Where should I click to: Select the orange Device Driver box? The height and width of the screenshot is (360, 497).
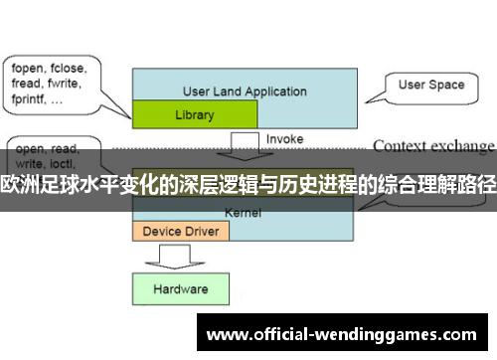pyautogui.click(x=181, y=231)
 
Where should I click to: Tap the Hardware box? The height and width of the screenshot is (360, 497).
pyautogui.click(x=180, y=288)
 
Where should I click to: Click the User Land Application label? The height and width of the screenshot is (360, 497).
pyautogui.click(x=245, y=91)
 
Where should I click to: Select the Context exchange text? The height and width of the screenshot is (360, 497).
pyautogui.click(x=432, y=146)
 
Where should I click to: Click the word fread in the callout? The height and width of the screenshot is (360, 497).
pyautogui.click(x=26, y=86)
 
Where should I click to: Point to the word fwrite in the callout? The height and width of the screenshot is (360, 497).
pyautogui.click(x=66, y=86)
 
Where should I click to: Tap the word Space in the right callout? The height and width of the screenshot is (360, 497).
pyautogui.click(x=447, y=86)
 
